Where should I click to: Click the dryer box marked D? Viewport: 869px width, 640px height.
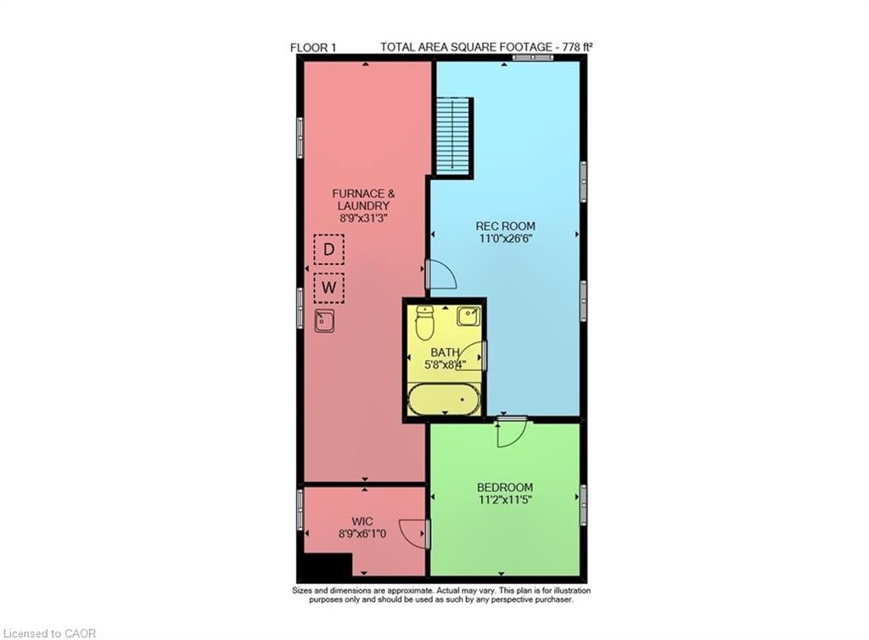click(328, 250)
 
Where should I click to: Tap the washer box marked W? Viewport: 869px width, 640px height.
click(328, 288)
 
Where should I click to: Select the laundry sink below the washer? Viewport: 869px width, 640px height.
click(324, 321)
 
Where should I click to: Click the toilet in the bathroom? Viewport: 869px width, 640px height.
click(425, 322)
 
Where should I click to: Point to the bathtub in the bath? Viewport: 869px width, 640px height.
click(442, 400)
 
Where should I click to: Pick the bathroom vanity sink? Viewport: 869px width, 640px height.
click(469, 317)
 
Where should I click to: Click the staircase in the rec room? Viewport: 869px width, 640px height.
click(454, 135)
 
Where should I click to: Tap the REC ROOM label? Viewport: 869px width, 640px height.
click(506, 226)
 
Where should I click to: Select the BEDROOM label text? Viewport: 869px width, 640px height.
click(505, 487)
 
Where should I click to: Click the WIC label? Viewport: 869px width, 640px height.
click(362, 520)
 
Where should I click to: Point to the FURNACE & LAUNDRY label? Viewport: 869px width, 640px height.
click(362, 199)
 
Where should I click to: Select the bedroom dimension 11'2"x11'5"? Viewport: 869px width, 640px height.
click(505, 500)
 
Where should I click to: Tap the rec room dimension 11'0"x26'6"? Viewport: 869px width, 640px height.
click(506, 239)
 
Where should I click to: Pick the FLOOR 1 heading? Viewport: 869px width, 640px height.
click(313, 48)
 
